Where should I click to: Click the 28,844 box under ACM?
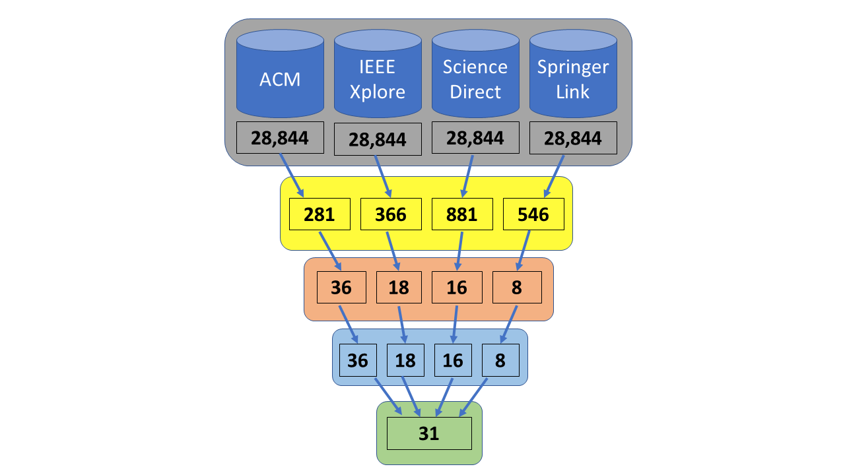[280, 138]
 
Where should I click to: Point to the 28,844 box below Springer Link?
[573, 138]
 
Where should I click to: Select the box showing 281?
[320, 214]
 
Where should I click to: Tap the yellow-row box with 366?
[391, 214]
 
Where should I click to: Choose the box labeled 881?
[462, 214]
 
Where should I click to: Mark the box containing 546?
[533, 214]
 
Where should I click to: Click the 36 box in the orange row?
[341, 288]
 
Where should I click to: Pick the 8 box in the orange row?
[517, 288]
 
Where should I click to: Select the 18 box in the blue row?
[405, 360]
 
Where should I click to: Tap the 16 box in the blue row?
[453, 360]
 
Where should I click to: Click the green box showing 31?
[429, 433]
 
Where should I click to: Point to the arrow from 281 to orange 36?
[330, 251]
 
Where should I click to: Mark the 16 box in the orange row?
[456, 288]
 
